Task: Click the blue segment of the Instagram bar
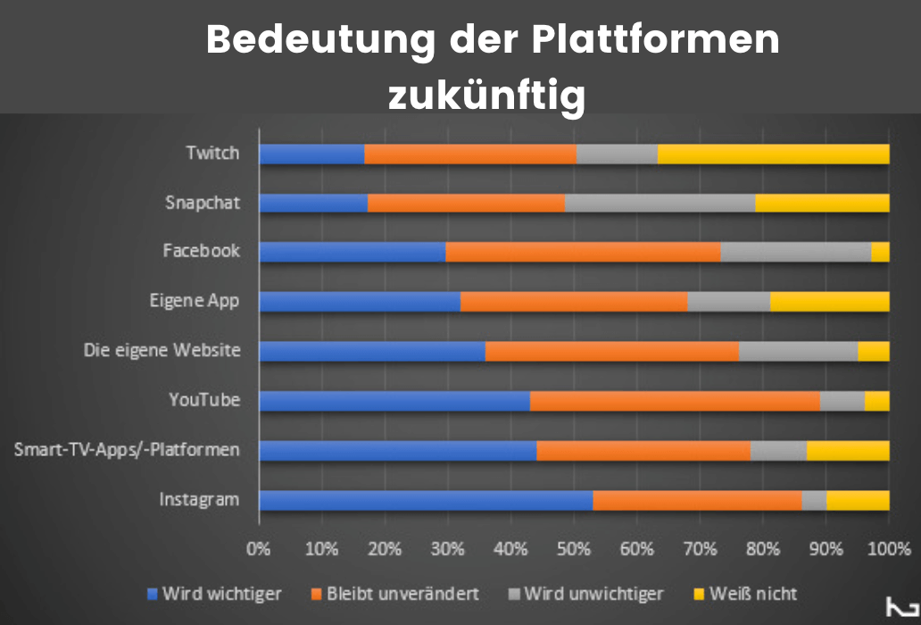(x=425, y=499)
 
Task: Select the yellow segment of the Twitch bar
(x=773, y=154)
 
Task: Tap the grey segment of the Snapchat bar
(x=660, y=203)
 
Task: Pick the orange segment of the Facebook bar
(x=582, y=252)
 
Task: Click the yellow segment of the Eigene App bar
(x=829, y=302)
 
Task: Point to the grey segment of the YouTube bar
(x=842, y=401)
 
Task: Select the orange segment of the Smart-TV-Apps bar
(x=643, y=450)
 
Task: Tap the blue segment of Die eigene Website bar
(x=371, y=351)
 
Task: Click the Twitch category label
(x=212, y=153)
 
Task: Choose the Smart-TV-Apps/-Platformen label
(x=127, y=449)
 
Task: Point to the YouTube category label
(x=204, y=400)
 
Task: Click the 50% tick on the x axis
(x=573, y=548)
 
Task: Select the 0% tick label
(x=259, y=548)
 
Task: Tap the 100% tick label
(x=888, y=548)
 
